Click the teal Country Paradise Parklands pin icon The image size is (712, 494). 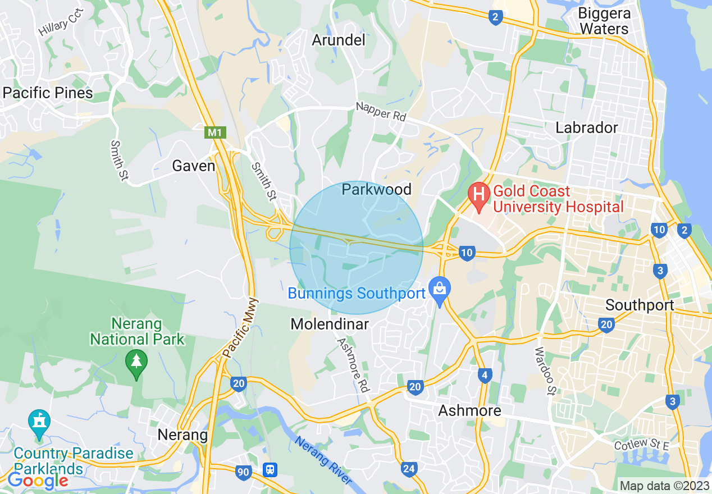tap(39, 422)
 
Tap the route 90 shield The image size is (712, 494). tap(243, 473)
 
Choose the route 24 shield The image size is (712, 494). tap(409, 469)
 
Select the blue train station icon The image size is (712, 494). tap(271, 469)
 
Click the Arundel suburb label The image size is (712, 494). tap(339, 40)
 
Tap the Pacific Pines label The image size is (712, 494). tap(48, 93)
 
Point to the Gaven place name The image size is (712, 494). tap(194, 166)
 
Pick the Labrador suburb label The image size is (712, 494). tap(586, 127)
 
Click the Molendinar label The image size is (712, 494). tap(330, 324)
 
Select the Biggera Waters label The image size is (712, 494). tap(604, 21)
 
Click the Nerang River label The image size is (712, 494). tap(323, 461)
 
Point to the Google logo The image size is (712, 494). tap(38, 481)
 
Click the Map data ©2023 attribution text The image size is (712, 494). tap(664, 486)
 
